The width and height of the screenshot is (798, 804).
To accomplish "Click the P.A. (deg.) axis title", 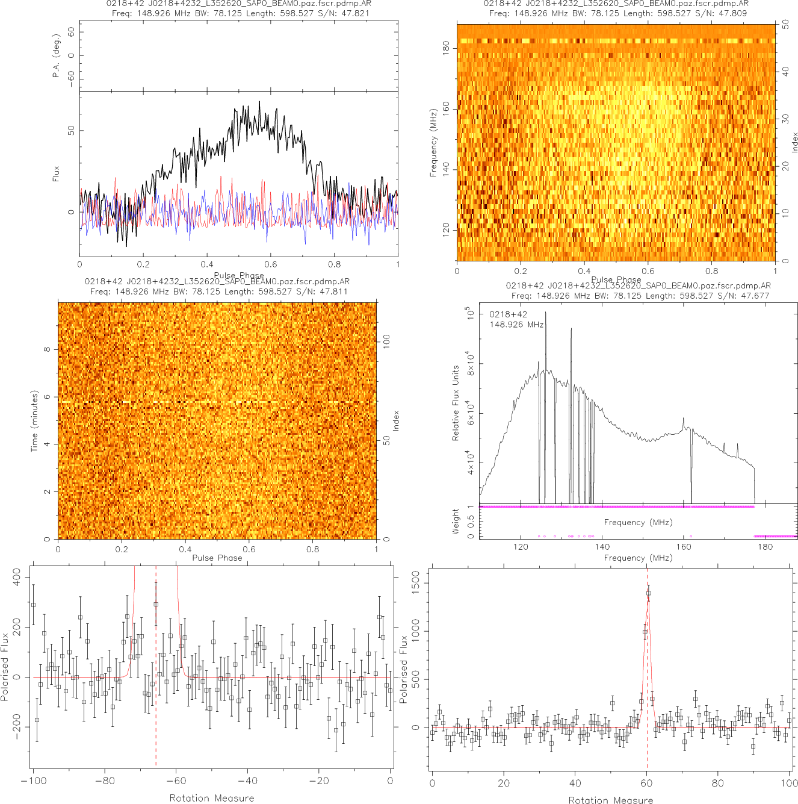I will coord(56,55).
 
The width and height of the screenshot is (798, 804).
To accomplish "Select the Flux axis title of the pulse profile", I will coord(56,174).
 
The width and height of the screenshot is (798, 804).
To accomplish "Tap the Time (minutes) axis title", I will coord(34,421).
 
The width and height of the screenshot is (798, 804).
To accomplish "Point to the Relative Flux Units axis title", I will coord(456,403).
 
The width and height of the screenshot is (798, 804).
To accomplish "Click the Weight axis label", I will coord(456,522).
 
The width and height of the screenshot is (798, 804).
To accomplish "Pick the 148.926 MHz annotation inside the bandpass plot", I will coord(516,325).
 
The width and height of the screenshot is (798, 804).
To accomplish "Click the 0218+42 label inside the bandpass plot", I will coord(508,314).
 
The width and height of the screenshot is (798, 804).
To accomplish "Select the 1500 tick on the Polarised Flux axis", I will coord(416,583).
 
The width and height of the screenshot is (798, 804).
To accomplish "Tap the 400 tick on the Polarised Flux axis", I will coord(17,578).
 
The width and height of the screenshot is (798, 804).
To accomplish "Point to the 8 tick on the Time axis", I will coord(47,349).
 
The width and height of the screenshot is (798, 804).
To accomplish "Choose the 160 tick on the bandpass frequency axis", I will coord(684,547).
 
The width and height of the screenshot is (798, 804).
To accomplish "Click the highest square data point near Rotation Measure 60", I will coord(648,593).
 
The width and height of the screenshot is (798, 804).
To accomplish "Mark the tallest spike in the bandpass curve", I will coord(545,313).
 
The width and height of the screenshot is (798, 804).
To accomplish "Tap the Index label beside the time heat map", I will coord(396,420).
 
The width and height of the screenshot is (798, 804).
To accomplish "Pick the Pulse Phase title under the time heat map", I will coord(217,558).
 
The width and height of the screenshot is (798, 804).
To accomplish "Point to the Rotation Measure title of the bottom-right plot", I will coord(610,800).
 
